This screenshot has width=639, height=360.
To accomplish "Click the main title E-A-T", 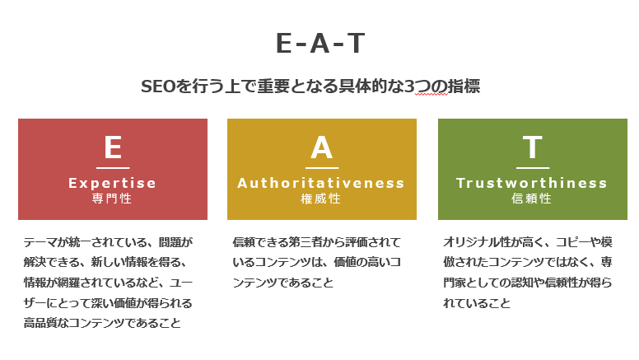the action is pyautogui.click(x=319, y=43).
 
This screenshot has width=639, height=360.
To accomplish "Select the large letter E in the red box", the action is pyautogui.click(x=113, y=147).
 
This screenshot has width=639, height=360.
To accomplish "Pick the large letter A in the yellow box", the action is pyautogui.click(x=321, y=147).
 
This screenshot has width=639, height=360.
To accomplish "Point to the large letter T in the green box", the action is pyautogui.click(x=533, y=147).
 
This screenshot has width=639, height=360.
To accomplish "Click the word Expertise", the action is pyautogui.click(x=113, y=184).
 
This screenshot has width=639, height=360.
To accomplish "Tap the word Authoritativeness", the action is pyautogui.click(x=321, y=183).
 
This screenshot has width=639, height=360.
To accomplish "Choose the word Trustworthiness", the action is pyautogui.click(x=532, y=183).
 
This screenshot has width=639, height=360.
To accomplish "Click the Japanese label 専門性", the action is pyautogui.click(x=112, y=199).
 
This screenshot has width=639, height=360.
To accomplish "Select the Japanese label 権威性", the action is pyautogui.click(x=320, y=199).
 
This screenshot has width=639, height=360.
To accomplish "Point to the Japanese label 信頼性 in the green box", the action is pyautogui.click(x=531, y=199).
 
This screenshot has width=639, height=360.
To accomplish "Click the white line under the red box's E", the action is pyautogui.click(x=113, y=167).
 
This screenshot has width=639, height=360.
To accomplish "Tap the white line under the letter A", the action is pyautogui.click(x=322, y=167).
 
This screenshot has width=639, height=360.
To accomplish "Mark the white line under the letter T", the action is pyautogui.click(x=533, y=167).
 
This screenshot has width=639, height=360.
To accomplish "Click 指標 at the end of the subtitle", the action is pyautogui.click(x=464, y=86).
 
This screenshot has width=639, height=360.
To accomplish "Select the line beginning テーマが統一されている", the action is pyautogui.click(x=108, y=242).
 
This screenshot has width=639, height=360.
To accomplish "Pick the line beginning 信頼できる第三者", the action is pyautogui.click(x=317, y=242).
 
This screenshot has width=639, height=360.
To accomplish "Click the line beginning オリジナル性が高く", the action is pyautogui.click(x=528, y=242).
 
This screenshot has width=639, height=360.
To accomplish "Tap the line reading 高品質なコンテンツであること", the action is pyautogui.click(x=102, y=323).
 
